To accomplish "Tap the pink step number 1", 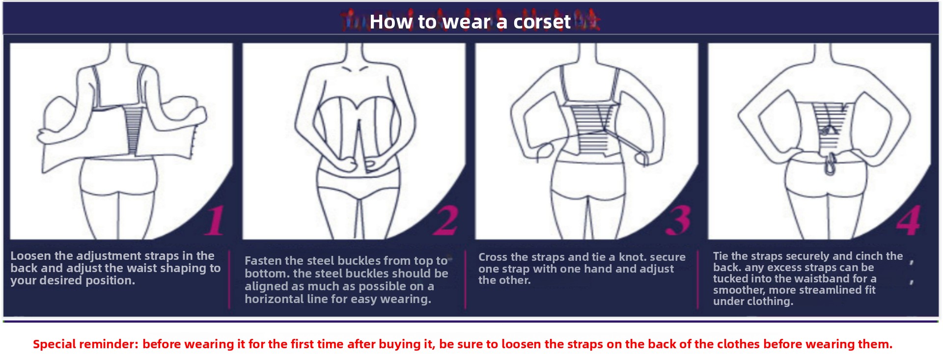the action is click(x=215, y=221).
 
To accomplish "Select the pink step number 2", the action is click(x=446, y=221).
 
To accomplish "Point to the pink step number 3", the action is click(x=678, y=221).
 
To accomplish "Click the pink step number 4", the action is click(x=908, y=221).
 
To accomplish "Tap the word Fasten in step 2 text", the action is click(x=263, y=261).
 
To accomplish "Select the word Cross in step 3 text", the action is click(x=493, y=257).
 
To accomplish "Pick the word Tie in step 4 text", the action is click(x=721, y=256).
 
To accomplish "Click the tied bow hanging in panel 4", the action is click(x=830, y=164).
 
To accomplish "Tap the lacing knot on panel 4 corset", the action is click(x=829, y=130).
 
